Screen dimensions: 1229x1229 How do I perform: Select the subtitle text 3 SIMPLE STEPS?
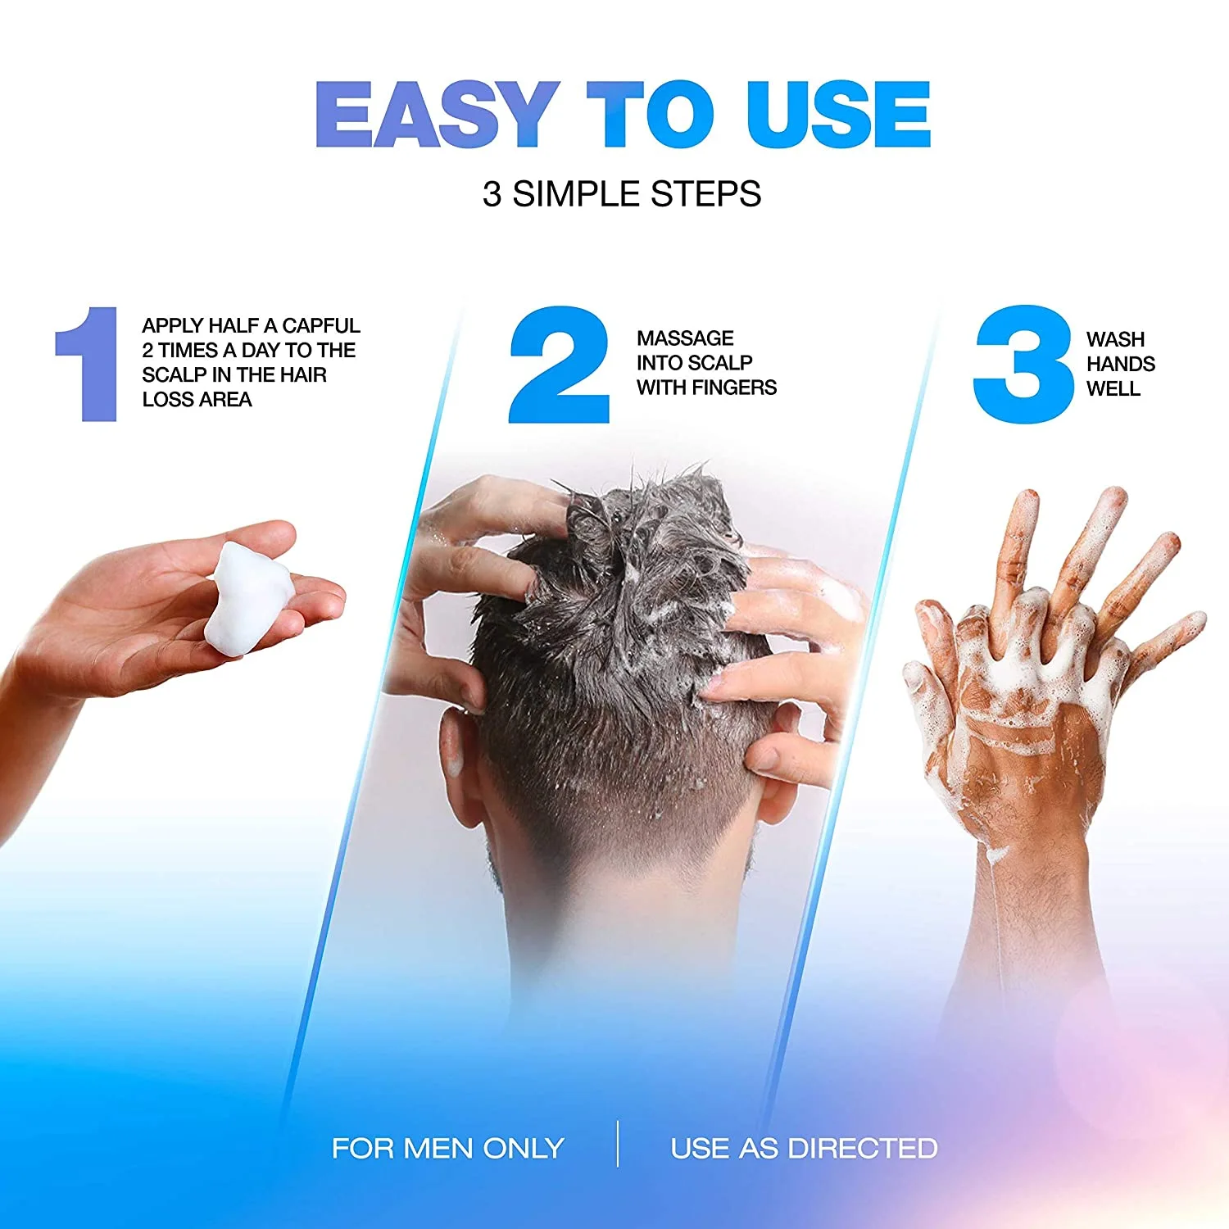[x=621, y=194]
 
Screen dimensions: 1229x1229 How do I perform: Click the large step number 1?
[x=88, y=365]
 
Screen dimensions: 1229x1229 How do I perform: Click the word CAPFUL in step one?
[x=320, y=325]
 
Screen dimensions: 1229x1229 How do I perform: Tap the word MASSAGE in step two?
[x=685, y=338]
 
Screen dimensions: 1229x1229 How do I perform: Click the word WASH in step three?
[x=1115, y=339]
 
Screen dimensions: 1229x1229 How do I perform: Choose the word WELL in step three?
[x=1113, y=388]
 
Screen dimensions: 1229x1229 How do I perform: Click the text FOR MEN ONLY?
[x=447, y=1148]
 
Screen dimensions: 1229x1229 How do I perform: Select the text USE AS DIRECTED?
[x=804, y=1148]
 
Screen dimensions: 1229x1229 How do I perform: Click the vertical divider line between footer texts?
[x=618, y=1144]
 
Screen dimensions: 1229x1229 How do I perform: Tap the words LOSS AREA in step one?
[x=197, y=400]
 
